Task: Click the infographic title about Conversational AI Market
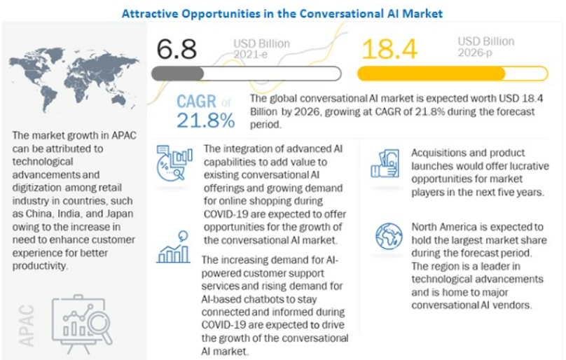click(282, 13)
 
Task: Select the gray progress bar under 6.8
click(246, 74)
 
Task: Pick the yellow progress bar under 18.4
click(452, 74)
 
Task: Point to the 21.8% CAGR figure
click(205, 120)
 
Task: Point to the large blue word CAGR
click(198, 102)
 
